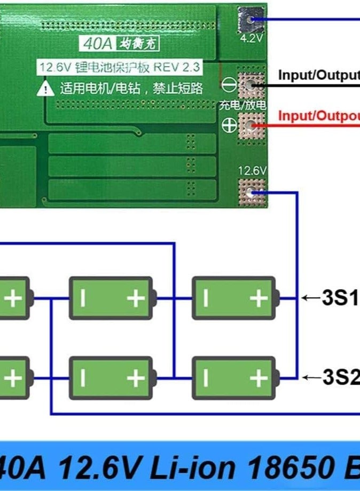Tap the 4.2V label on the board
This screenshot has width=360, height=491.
251,38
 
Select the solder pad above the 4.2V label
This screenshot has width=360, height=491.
251,19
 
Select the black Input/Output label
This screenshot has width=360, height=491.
318,75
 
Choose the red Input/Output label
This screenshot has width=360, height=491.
318,116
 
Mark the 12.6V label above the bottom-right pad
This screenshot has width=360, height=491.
252,171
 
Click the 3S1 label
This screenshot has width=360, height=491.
340,298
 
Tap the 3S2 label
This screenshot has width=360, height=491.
340,378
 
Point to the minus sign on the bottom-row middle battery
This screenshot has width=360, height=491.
83,378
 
